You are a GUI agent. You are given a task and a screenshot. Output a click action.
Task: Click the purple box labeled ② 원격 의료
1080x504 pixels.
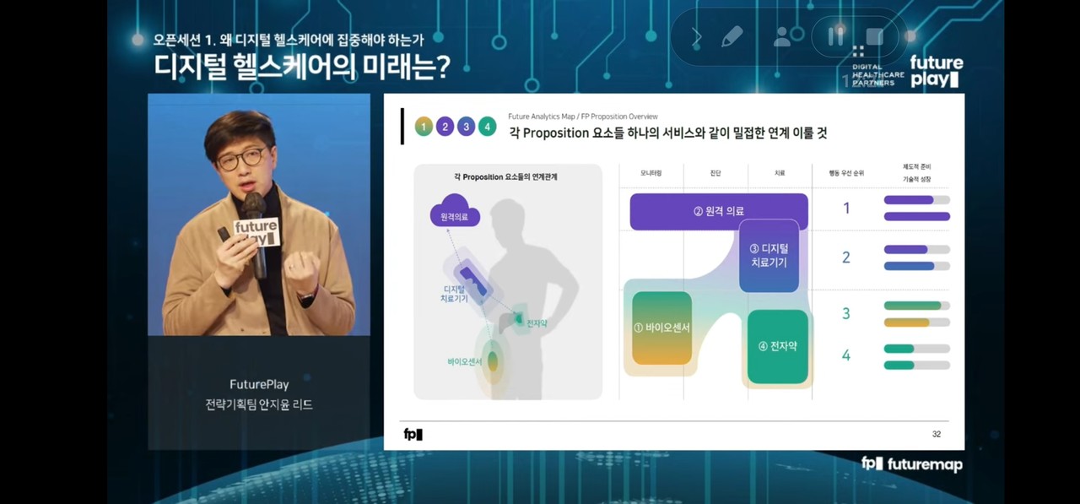718,211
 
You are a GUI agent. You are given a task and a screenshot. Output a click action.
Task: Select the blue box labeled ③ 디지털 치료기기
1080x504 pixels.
768,256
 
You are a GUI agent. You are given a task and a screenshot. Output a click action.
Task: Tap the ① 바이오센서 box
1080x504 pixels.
661,328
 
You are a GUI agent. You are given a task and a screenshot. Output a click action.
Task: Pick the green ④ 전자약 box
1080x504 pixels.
777,346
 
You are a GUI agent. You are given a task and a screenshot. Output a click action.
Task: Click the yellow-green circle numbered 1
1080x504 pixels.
424,127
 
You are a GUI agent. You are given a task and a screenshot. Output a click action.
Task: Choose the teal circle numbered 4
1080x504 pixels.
487,127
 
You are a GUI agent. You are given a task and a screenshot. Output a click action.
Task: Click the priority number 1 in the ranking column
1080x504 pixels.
846,209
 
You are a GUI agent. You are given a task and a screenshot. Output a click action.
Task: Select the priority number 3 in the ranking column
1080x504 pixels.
846,313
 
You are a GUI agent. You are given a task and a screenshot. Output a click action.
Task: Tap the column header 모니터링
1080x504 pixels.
651,173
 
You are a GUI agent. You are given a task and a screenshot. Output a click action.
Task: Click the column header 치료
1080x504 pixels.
779,173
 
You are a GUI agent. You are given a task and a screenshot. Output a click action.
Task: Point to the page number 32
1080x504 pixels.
937,434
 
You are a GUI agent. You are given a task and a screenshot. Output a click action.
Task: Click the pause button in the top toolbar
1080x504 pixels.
836,36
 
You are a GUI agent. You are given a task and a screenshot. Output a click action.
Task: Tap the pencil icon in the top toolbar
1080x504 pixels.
732,36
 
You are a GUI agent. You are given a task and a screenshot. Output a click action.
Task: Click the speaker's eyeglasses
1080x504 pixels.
241,159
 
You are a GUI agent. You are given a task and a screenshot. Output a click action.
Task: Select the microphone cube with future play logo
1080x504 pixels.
255,231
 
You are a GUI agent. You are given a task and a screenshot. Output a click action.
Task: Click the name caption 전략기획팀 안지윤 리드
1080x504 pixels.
259,404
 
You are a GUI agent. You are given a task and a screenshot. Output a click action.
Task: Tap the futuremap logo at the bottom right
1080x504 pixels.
912,463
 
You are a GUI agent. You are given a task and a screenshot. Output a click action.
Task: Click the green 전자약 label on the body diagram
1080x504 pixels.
537,323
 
